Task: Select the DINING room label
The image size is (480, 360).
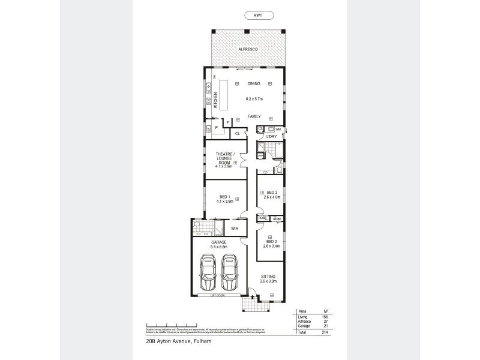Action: point(253,83)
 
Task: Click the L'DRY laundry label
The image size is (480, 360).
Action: point(271,137)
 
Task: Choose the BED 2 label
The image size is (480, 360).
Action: point(271,243)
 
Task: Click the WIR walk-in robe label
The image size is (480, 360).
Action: point(235,229)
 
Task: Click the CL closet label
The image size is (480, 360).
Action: point(238,134)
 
